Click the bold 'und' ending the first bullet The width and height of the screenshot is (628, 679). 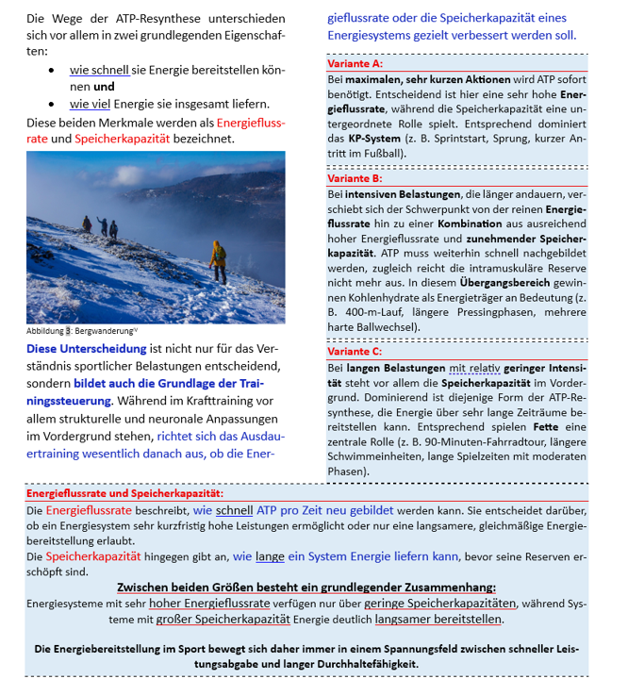pyautogui.click(x=105, y=87)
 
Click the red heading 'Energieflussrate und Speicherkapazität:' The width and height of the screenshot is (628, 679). pyautogui.click(x=124, y=494)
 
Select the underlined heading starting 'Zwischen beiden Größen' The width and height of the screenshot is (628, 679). pyautogui.click(x=306, y=587)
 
